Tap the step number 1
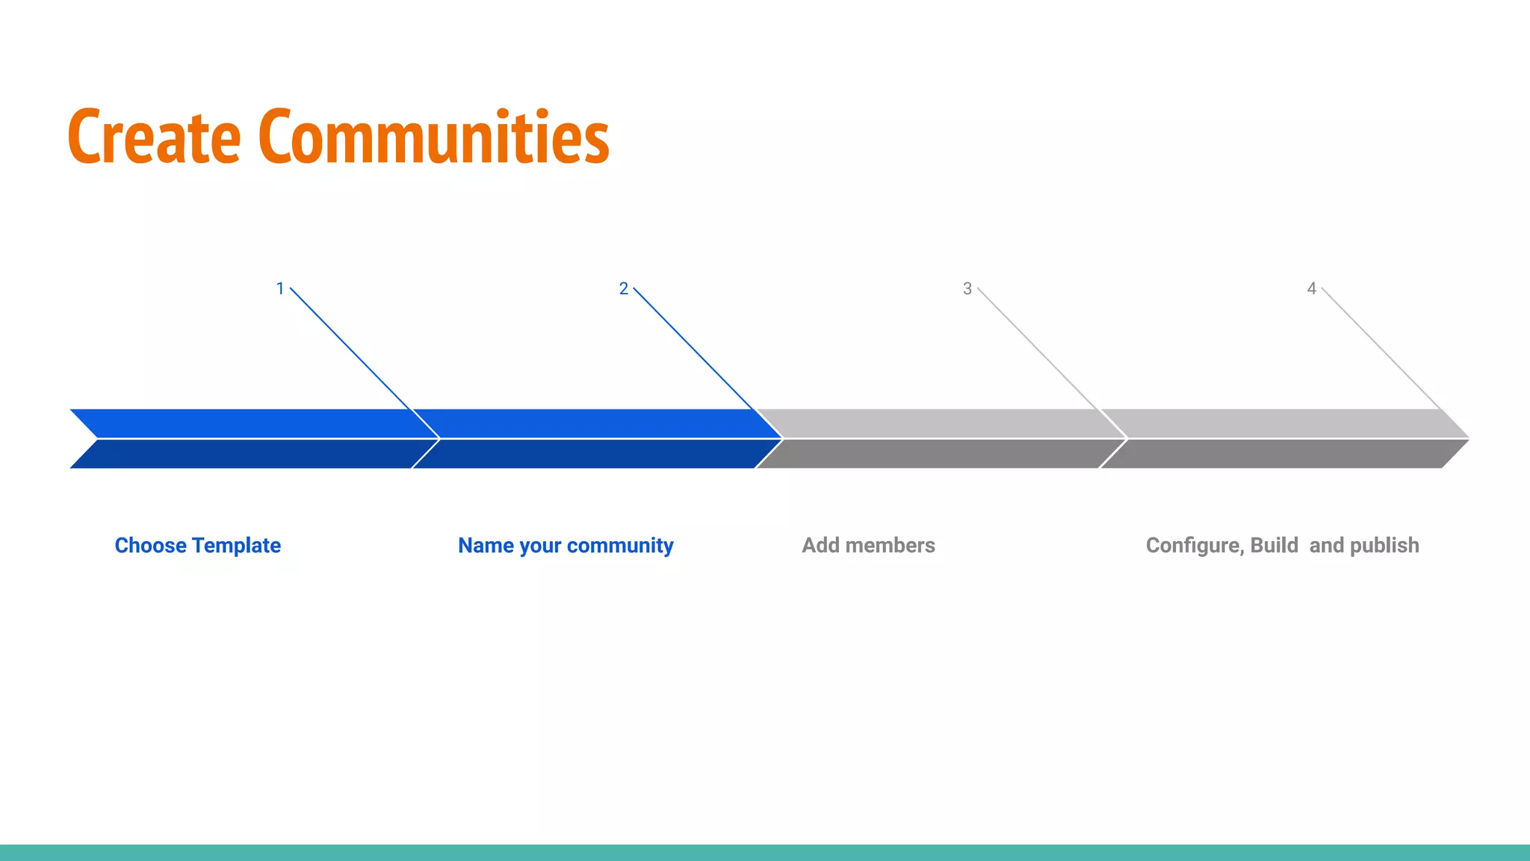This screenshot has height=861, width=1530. [280, 288]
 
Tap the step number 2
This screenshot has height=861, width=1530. [624, 288]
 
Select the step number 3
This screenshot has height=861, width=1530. [967, 288]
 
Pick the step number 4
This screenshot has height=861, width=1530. [1311, 288]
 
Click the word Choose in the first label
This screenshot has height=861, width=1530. [150, 546]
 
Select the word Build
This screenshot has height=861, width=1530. [1275, 546]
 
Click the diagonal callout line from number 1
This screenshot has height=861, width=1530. [351, 349]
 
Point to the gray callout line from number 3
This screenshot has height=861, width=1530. [1038, 349]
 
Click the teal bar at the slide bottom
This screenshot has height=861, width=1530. [765, 853]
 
